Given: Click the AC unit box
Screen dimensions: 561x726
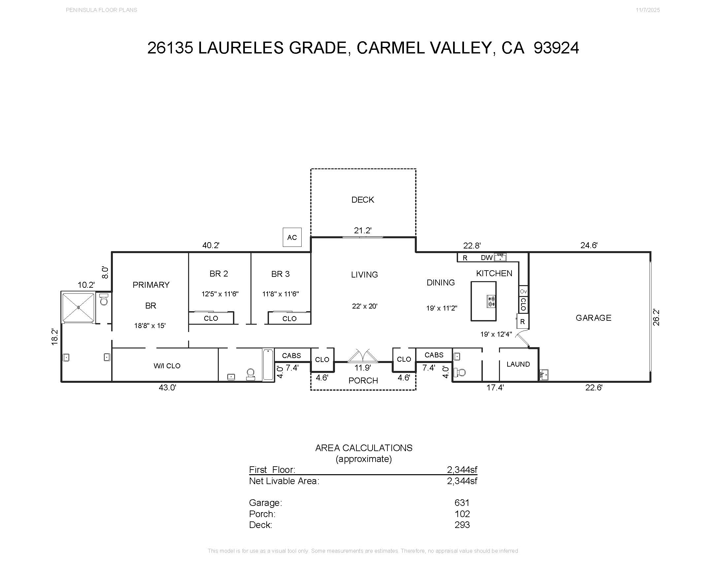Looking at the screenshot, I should point(292,237).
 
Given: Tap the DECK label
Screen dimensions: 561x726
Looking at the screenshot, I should point(363,200).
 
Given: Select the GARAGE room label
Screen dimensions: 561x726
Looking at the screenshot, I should point(593,318).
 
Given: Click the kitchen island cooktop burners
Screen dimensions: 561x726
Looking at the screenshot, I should point(491,301).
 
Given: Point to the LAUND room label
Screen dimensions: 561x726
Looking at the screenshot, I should point(518,364).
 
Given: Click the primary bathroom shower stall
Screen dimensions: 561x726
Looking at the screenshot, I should point(78,307).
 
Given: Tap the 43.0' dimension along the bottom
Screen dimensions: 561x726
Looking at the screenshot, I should point(167,387).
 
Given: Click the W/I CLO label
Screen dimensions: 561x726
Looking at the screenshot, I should point(167,366).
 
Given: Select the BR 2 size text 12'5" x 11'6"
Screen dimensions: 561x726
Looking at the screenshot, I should point(220,294).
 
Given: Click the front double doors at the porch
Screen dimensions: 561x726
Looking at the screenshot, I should point(363,356).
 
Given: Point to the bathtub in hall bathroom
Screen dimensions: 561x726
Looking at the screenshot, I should point(268,364).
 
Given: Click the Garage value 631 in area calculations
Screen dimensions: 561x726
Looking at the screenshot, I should point(462,503).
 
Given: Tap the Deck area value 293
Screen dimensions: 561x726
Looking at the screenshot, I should point(462,525).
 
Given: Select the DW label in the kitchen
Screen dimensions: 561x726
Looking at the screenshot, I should point(486,258).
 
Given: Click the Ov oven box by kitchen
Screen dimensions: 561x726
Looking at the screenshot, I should point(523,291).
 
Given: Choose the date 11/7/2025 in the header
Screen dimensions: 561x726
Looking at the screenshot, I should point(647,10).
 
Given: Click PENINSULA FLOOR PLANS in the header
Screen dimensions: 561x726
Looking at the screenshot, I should point(101,10).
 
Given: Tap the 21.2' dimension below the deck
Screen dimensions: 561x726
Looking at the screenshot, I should point(363,230).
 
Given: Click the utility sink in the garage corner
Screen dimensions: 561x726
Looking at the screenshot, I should point(544,375).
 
